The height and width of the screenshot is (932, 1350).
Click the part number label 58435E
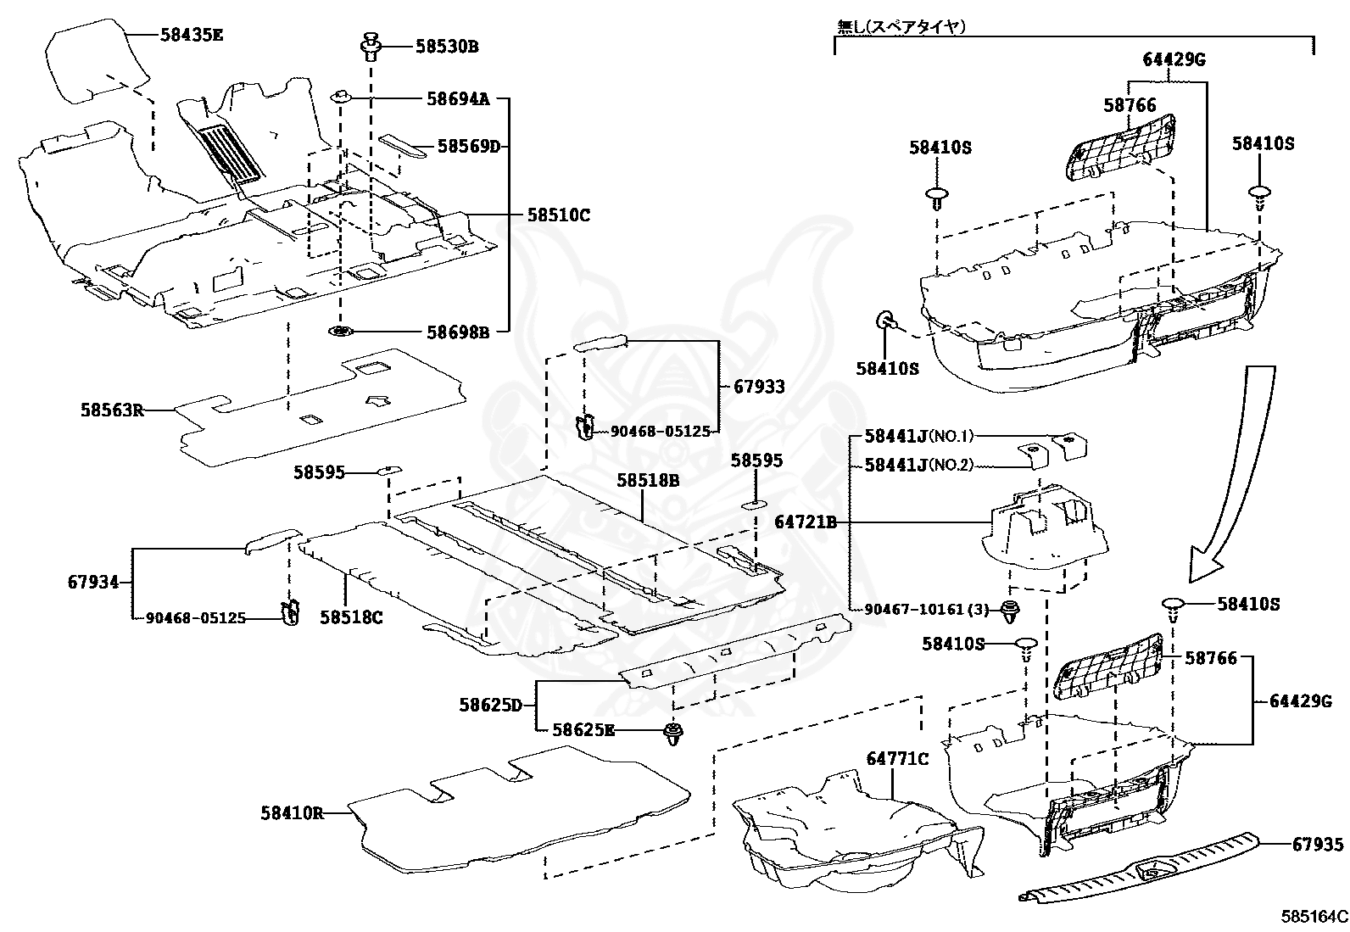[x=192, y=35]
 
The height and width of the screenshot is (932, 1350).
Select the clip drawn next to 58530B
[x=371, y=46]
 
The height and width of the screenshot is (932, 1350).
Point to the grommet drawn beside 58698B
[x=341, y=331]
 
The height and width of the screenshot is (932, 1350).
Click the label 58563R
[x=111, y=410]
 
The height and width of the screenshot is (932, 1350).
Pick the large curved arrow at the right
[x=1230, y=475]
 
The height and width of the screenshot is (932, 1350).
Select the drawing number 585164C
[x=1314, y=917]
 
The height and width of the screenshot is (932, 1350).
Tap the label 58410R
[x=292, y=813]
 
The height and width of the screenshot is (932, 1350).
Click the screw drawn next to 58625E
[x=674, y=734]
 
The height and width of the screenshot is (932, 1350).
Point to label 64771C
[x=897, y=758]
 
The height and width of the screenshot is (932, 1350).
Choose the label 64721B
[x=805, y=523]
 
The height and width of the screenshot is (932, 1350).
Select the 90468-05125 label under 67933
[x=660, y=432]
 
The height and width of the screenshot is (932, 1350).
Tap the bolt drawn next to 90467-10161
[x=1009, y=610]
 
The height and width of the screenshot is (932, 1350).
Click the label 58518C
[x=351, y=617]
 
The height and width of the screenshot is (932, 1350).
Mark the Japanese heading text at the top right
[x=901, y=27]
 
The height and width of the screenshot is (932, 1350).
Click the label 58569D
[x=468, y=146]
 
